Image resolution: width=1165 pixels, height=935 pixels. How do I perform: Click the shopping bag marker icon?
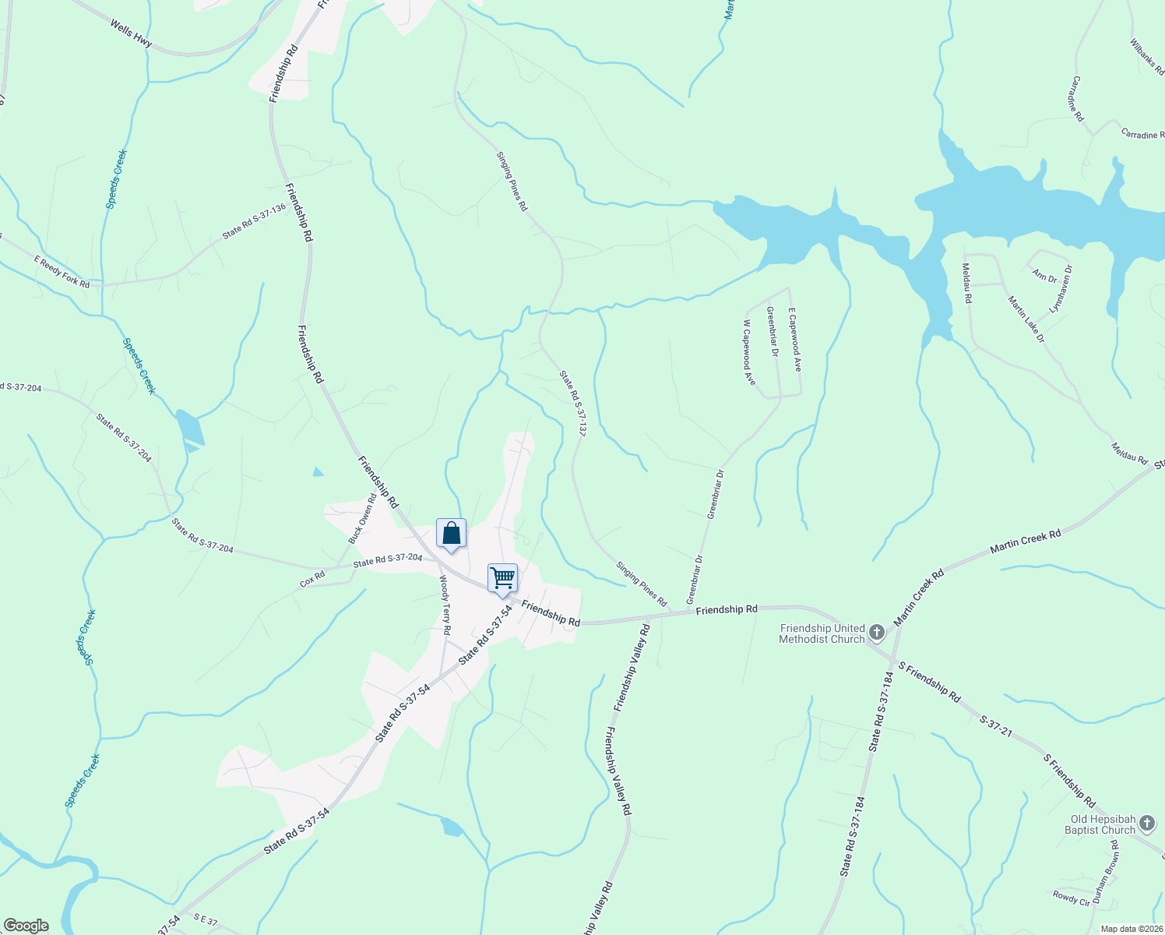pyautogui.click(x=451, y=534)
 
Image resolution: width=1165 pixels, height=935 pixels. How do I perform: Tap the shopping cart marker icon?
pyautogui.click(x=502, y=578)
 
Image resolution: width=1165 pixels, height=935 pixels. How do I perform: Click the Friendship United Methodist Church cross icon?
pyautogui.click(x=877, y=632)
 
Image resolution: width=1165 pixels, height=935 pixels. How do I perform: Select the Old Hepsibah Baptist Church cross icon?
pyautogui.click(x=1146, y=823)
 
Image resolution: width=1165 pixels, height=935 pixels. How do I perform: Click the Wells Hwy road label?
pyautogui.click(x=131, y=35)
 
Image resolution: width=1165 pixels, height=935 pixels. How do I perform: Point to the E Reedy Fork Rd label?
pyautogui.click(x=62, y=272)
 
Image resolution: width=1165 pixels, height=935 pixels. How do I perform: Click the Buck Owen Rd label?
pyautogui.click(x=362, y=518)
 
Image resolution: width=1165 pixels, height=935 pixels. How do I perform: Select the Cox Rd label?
pyautogui.click(x=312, y=580)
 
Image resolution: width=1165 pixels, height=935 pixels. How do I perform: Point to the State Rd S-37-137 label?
pyautogui.click(x=572, y=403)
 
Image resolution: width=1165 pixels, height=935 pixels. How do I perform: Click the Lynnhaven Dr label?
pyautogui.click(x=1061, y=289)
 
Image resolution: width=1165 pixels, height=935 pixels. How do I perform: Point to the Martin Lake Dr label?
pyautogui.click(x=1026, y=319)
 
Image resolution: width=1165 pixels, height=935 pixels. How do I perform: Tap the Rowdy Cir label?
pyautogui.click(x=1072, y=898)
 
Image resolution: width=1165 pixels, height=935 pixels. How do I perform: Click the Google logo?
pyautogui.click(x=26, y=926)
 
